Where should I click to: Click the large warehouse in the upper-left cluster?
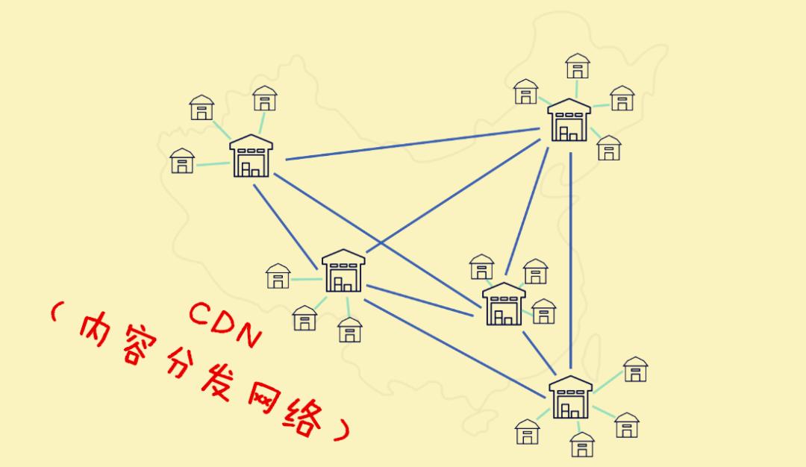pos(252,156)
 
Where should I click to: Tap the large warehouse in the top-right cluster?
pos(569,121)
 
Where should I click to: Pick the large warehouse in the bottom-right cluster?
pos(570,398)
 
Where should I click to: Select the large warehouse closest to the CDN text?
pos(343,271)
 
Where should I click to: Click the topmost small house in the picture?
pos(578,66)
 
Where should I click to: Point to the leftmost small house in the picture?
pos(182,160)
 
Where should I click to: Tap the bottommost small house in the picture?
pos(582,445)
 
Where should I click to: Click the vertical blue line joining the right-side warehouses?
pos(571,261)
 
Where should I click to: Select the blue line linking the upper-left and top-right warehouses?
pos(410,144)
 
